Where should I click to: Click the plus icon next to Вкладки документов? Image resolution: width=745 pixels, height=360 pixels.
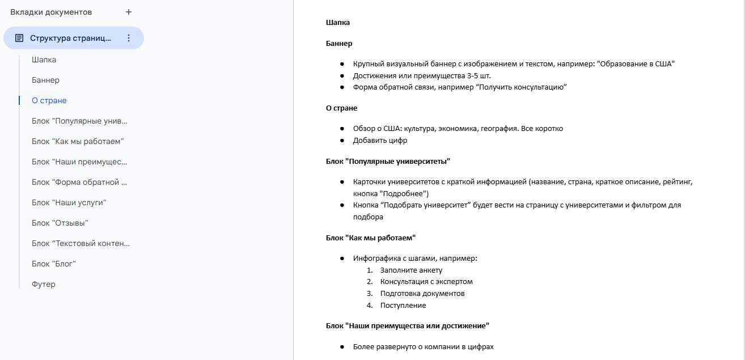[129, 12]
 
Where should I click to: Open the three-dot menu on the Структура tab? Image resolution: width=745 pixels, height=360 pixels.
[129, 38]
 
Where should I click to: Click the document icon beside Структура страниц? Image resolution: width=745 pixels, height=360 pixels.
[19, 38]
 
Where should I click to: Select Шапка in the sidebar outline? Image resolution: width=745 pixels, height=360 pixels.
[44, 60]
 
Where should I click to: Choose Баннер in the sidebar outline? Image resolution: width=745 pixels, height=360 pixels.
[46, 80]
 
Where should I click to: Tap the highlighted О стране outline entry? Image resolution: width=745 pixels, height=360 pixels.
[49, 100]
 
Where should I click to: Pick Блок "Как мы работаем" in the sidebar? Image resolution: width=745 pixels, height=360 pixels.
[78, 141]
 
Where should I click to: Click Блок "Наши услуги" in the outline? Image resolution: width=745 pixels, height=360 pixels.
[69, 202]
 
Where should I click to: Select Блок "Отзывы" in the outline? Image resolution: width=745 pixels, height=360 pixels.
[60, 223]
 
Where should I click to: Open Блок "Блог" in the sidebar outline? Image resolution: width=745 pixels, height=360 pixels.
[54, 264]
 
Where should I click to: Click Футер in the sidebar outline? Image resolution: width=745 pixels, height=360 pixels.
[44, 284]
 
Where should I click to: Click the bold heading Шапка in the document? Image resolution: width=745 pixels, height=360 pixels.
[338, 23]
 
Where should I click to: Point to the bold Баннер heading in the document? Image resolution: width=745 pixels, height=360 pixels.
[339, 43]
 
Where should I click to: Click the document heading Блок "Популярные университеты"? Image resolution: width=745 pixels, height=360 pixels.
[388, 161]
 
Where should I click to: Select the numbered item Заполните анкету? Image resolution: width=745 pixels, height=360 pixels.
[411, 270]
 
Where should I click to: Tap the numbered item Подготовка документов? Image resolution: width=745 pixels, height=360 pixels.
[422, 293]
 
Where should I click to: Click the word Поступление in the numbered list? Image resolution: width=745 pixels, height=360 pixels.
[403, 305]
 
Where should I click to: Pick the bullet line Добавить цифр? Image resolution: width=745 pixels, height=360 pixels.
[380, 140]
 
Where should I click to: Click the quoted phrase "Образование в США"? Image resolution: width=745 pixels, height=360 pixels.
[636, 63]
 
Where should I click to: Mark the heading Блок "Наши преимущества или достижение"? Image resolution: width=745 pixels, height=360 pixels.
[407, 325]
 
